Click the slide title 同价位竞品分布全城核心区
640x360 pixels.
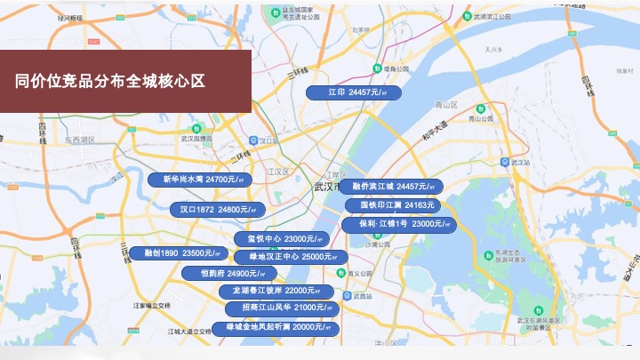[110, 81]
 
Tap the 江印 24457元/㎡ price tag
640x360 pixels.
[353, 92]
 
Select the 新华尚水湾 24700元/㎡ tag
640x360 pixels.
[202, 180]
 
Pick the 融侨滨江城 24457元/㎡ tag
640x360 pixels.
[392, 187]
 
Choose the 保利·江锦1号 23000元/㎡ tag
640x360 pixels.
[399, 224]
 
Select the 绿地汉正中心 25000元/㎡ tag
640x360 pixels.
[284, 257]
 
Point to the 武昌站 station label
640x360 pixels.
[358, 294]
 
